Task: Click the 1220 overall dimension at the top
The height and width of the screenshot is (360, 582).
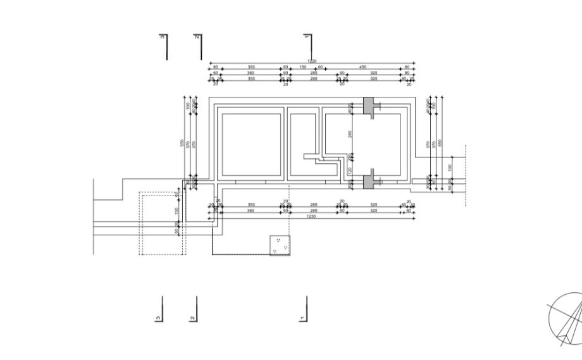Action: [312, 61]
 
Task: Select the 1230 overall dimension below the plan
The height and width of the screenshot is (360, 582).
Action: [311, 216]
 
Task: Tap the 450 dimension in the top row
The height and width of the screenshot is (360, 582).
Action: [362, 66]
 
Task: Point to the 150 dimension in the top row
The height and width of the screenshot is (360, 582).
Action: [303, 66]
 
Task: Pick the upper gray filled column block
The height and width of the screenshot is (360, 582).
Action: [369, 104]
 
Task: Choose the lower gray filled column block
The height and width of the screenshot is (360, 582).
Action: [369, 183]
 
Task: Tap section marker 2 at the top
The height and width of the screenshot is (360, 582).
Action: [199, 45]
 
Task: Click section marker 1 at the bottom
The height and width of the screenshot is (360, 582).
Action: [305, 309]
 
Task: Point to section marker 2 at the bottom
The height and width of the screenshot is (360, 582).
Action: [194, 309]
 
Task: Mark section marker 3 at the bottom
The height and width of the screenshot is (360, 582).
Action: [159, 309]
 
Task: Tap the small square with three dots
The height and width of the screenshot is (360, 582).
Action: [280, 245]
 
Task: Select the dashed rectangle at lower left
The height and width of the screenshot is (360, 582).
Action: [162, 224]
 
